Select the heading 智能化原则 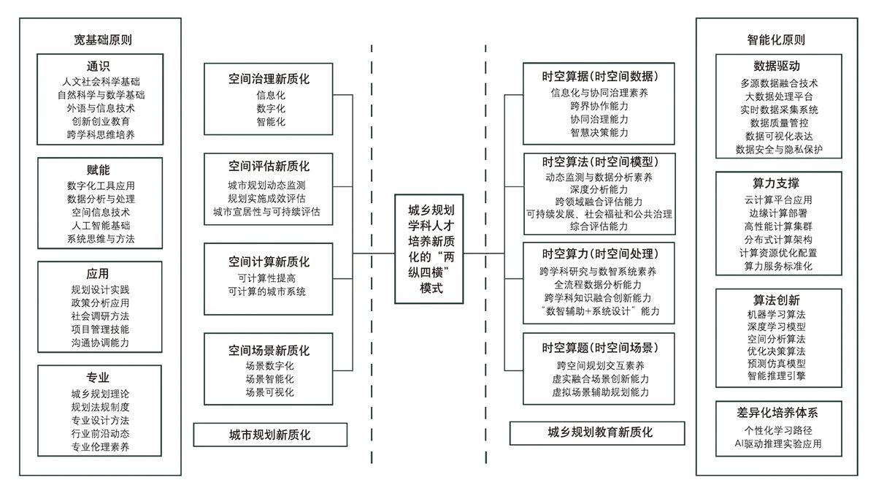[776, 39]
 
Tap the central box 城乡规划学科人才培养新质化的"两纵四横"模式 [431, 248]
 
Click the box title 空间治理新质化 [269, 79]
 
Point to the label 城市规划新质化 [269, 435]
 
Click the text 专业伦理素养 [100, 447]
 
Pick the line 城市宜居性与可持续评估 [267, 212]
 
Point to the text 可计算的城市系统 [267, 292]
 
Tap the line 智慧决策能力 [599, 132]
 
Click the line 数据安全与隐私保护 [779, 150]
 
